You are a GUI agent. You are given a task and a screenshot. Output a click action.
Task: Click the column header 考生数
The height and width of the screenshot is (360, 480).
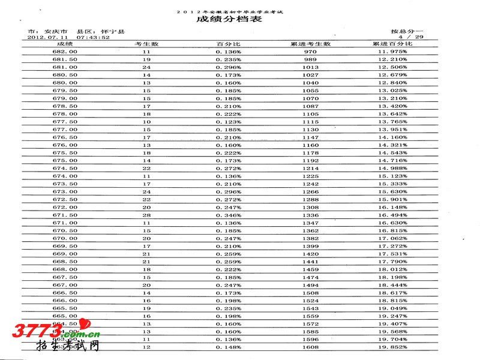pyautogui.click(x=146, y=44)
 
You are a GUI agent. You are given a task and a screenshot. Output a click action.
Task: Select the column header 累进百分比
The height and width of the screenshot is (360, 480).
pyautogui.click(x=392, y=44)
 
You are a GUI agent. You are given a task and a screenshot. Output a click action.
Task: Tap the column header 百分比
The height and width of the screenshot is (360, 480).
pyautogui.click(x=229, y=44)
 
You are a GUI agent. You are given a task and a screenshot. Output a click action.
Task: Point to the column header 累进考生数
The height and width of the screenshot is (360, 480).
pyautogui.click(x=311, y=44)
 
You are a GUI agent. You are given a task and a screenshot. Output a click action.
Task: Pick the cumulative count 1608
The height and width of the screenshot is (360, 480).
pyautogui.click(x=311, y=347)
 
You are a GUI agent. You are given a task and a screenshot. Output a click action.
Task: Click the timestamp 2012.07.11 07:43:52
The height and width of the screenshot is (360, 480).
pyautogui.click(x=69, y=37)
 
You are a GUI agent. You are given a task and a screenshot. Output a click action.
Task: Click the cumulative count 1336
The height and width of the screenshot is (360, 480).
pyautogui.click(x=311, y=214)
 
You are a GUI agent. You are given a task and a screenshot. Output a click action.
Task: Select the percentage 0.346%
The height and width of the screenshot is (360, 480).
pyautogui.click(x=229, y=214)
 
